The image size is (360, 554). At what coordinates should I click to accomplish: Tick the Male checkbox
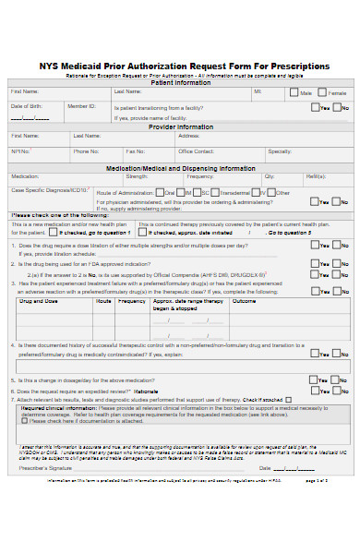(x=294, y=92)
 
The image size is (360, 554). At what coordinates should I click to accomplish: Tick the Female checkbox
(x=322, y=92)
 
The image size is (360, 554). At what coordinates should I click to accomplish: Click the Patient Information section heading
(x=179, y=82)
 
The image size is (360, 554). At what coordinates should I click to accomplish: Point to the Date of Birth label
(x=26, y=106)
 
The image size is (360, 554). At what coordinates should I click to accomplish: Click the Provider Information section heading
(x=180, y=126)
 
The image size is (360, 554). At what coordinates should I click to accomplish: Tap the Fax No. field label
(x=135, y=151)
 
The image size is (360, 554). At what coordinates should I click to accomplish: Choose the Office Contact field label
(x=196, y=151)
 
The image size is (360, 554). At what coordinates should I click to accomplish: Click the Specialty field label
(x=280, y=151)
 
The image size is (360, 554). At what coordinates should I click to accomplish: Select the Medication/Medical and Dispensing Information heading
(x=180, y=168)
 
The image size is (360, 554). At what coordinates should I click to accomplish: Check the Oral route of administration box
(x=160, y=193)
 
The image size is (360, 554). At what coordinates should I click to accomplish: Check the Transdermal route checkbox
(x=213, y=193)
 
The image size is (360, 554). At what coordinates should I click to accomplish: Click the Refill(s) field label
(x=316, y=175)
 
